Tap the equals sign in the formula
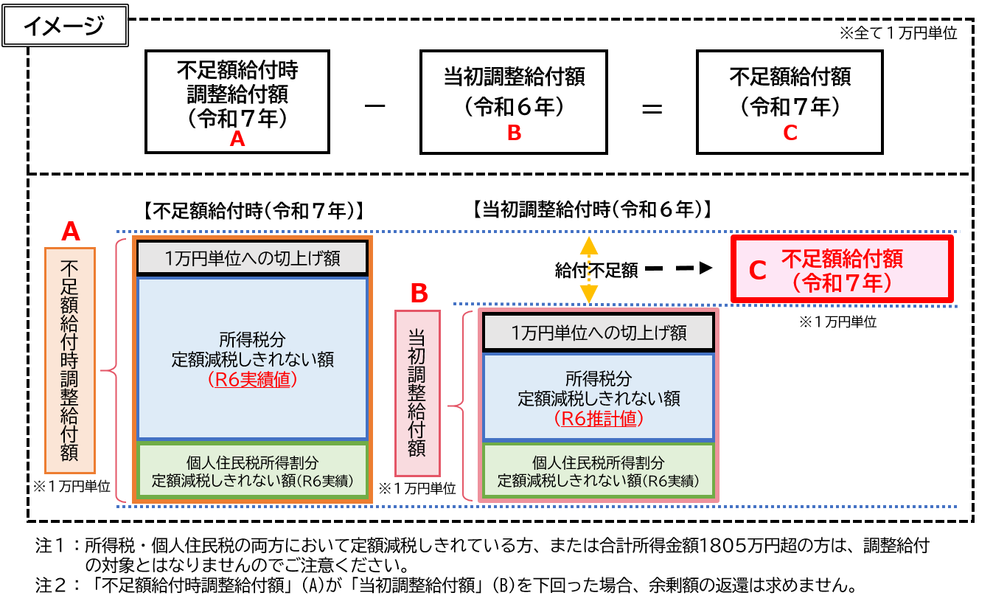(x=652, y=109)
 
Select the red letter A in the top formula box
(x=237, y=138)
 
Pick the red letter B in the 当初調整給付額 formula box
(x=514, y=133)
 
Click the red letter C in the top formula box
(x=790, y=133)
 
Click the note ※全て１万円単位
(x=898, y=33)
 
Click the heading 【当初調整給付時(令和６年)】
(x=590, y=209)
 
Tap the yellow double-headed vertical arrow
(x=588, y=270)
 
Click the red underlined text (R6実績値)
(x=252, y=380)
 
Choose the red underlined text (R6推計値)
(x=598, y=419)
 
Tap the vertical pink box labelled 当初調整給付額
(x=417, y=392)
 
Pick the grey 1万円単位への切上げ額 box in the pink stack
(x=598, y=333)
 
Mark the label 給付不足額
(x=596, y=271)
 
